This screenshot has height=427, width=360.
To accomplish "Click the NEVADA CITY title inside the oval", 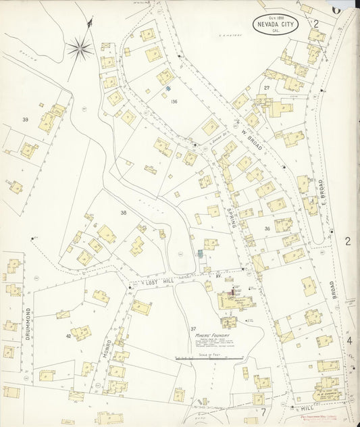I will (x=278, y=26).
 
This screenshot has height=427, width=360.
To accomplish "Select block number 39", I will (x=25, y=120).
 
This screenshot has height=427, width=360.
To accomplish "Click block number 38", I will (x=124, y=213).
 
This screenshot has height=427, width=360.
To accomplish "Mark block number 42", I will (x=68, y=336).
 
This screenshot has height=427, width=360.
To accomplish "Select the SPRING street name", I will (x=232, y=218).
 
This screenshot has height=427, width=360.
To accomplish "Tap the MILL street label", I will (x=305, y=408).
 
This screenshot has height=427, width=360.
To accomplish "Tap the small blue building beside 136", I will (x=168, y=89).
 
